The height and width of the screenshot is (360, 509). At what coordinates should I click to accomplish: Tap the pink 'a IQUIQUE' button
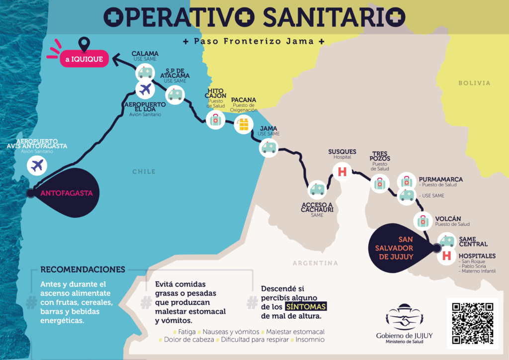tap(84, 60)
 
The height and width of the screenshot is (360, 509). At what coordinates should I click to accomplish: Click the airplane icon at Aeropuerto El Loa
tap(145, 90)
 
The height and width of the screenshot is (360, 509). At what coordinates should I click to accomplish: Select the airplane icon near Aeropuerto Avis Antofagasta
tap(37, 165)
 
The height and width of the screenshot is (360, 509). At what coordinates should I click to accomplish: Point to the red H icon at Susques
tap(341, 172)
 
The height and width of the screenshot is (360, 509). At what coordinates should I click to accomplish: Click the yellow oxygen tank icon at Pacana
tap(243, 124)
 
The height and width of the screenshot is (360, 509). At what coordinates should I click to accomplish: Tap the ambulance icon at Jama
tap(269, 148)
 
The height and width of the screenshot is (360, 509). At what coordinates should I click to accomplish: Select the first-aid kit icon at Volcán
tap(423, 220)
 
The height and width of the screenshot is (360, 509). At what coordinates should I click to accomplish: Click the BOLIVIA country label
tap(474, 83)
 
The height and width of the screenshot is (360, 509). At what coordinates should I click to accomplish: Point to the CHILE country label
tap(144, 172)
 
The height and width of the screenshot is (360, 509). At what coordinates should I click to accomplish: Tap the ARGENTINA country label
tap(315, 263)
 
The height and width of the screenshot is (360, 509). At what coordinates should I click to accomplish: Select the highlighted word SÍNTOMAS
tap(306, 306)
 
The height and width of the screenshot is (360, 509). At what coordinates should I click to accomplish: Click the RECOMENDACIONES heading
tap(83, 270)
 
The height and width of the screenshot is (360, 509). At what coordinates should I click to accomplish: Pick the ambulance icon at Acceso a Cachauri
tap(317, 189)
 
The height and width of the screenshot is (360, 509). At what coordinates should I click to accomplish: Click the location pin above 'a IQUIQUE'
tap(85, 44)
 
